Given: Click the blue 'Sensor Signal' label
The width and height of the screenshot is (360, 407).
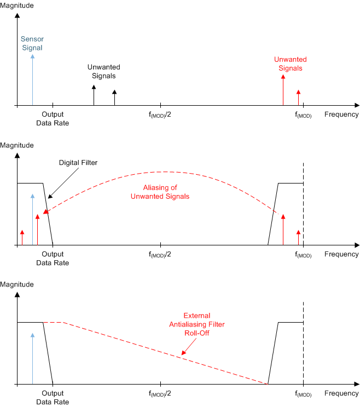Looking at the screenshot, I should click(32, 44).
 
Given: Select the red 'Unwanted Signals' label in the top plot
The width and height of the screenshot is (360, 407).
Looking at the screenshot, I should click(290, 64).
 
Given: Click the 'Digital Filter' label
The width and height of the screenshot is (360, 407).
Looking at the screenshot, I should click(78, 163).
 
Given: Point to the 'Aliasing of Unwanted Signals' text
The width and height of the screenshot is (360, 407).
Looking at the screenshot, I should click(160, 192).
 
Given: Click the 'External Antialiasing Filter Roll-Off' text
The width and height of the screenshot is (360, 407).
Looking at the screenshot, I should click(196, 325).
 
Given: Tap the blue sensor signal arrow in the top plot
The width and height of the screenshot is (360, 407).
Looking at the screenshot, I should click(33, 79).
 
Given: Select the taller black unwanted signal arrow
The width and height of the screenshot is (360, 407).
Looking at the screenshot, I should click(94, 95).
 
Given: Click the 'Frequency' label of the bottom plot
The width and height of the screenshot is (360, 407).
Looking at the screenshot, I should click(341, 393).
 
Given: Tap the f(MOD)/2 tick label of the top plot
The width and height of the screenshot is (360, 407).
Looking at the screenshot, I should click(160, 114).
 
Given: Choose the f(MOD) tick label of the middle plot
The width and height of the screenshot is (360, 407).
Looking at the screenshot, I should click(303, 255).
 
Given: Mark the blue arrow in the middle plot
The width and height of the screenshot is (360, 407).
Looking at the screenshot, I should click(33, 219).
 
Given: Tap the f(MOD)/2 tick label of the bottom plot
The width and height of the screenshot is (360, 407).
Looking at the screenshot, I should click(160, 394).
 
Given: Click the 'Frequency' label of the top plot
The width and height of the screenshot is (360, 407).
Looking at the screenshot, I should click(341, 114).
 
